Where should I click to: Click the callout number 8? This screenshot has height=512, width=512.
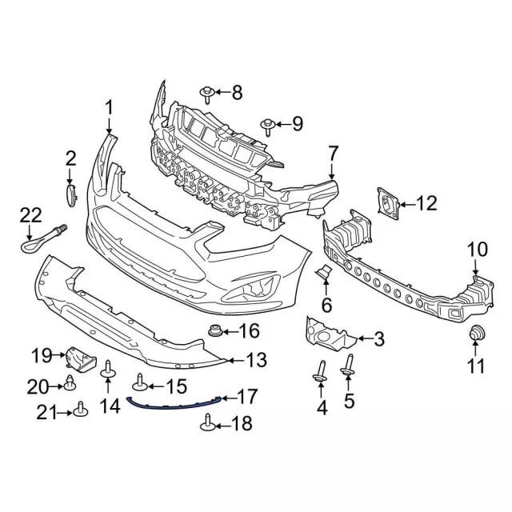coord(236,93)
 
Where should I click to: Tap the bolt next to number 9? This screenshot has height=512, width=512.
coord(267,125)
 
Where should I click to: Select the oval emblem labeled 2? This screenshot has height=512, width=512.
coord(70,195)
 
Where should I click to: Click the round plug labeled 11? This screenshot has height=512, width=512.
coord(477,334)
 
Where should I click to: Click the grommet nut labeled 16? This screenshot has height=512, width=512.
coord(214,330)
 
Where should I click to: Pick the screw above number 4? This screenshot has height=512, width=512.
coord(321,370)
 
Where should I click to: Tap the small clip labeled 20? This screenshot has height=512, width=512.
coord(70,385)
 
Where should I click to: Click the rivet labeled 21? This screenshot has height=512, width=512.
coord(81,411)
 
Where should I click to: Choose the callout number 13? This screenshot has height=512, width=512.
coord(256,361)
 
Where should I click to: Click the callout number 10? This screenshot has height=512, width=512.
coord(477,250)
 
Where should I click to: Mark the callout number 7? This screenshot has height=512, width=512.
coord(333,152)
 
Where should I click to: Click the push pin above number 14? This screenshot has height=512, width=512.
coord(107,370)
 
